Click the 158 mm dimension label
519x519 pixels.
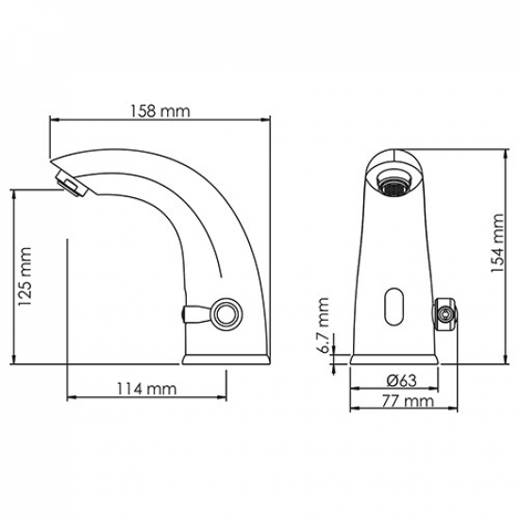[x=159, y=110]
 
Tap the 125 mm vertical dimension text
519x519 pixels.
[x=25, y=276]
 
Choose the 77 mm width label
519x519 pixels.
[x=396, y=401]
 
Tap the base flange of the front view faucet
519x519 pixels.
[x=395, y=359]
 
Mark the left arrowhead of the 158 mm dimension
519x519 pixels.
[x=51, y=120]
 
